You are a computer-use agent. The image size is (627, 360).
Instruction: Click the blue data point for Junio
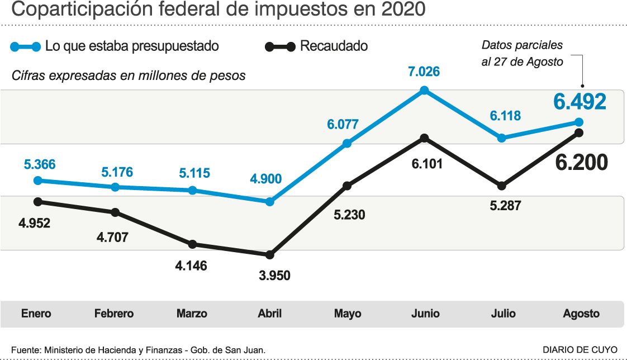coord(424,90)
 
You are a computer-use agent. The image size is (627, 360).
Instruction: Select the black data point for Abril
coord(270,255)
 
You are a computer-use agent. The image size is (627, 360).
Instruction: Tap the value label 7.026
coord(424,72)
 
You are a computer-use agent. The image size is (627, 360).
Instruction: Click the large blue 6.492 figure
coord(579,102)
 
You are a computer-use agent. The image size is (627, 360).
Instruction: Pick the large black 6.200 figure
coord(581,163)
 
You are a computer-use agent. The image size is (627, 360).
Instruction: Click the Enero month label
coord(36,314)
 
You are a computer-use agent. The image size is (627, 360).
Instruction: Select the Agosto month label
coord(581,314)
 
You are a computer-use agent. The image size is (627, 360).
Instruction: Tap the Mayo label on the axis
coord(348,314)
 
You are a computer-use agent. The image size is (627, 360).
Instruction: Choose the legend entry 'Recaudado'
coord(334,46)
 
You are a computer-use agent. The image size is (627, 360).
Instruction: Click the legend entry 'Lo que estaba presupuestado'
coord(132,46)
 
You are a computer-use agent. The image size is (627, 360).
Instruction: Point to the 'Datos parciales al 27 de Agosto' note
coord(522,54)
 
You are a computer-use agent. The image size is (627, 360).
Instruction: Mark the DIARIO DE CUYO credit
coord(580,350)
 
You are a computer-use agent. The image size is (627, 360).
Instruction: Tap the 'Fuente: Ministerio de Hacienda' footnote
coord(138,350)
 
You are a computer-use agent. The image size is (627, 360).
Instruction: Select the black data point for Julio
coord(502,186)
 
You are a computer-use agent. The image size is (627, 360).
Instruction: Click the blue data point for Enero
coord(38,181)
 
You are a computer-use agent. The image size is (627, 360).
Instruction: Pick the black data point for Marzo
coord(193,244)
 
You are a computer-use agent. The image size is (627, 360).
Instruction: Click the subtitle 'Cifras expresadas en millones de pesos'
coord(129,75)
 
